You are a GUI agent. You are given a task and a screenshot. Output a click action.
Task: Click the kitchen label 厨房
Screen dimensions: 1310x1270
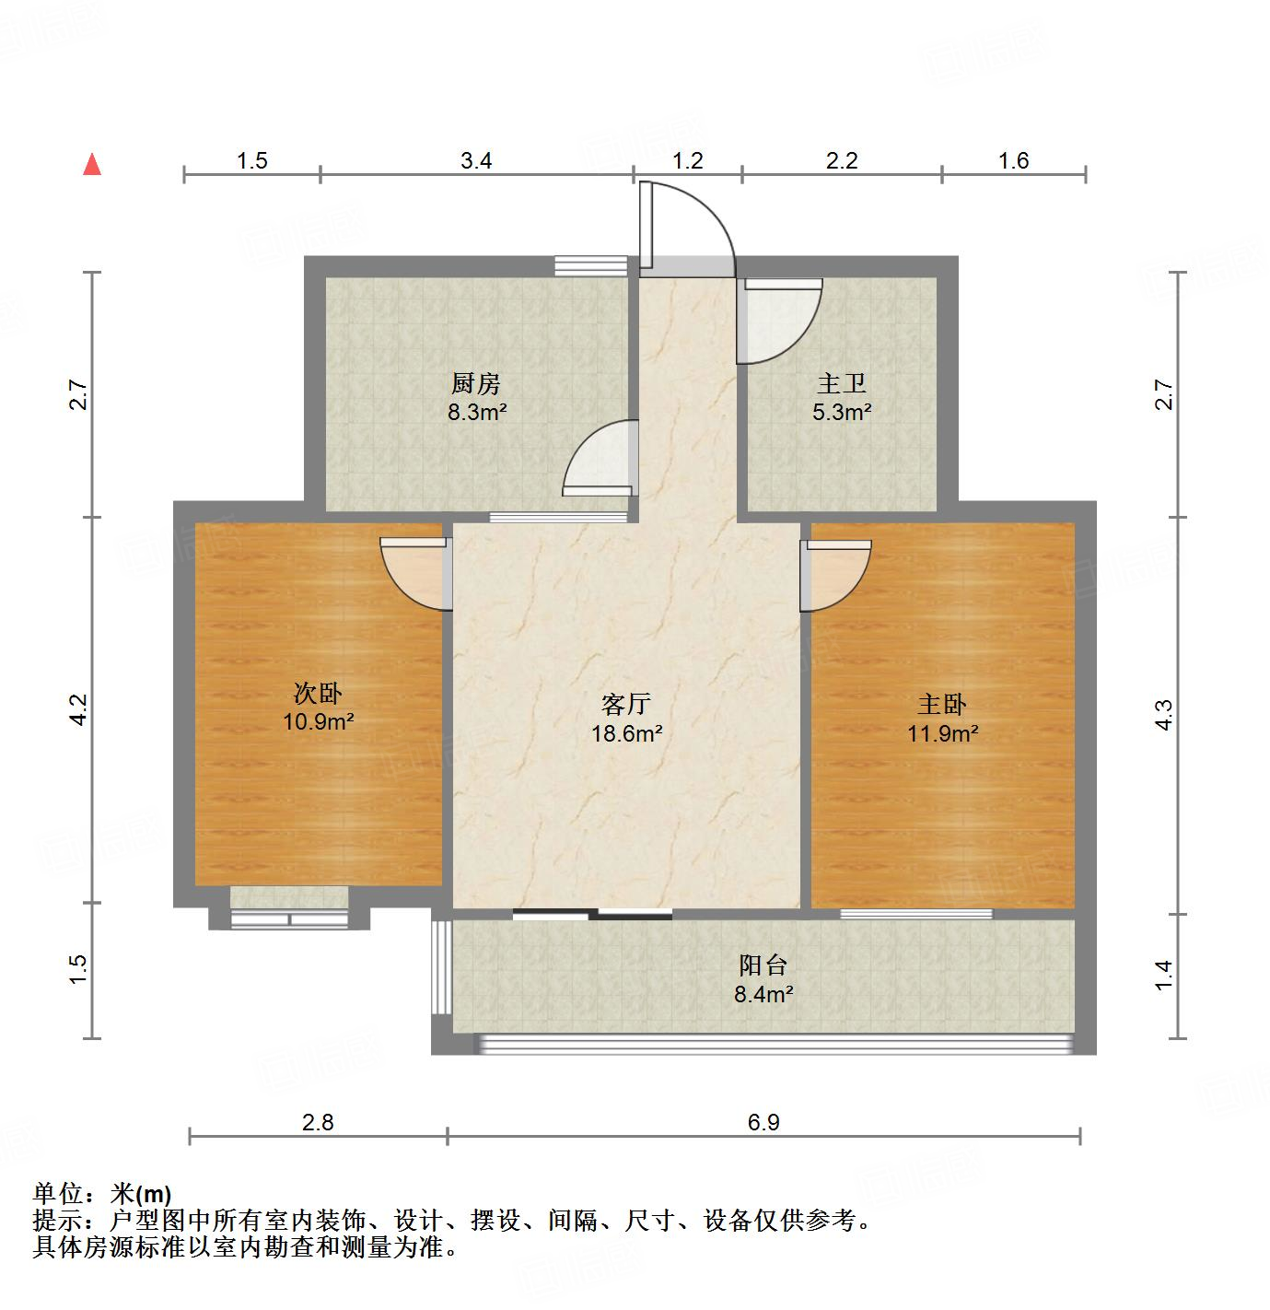pos(476,383)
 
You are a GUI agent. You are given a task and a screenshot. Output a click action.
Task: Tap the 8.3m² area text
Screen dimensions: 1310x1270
pos(477,412)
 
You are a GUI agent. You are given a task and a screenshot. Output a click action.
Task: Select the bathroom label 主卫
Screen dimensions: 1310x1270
pos(841,383)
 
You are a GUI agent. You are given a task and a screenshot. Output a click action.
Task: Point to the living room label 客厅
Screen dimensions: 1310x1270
pos(625,705)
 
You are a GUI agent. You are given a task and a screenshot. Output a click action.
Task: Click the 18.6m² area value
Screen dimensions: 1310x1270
pos(626,734)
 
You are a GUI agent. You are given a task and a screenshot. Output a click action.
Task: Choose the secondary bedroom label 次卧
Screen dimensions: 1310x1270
pos(318,692)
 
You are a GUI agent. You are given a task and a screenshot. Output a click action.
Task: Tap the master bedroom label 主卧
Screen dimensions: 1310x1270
pos(941,705)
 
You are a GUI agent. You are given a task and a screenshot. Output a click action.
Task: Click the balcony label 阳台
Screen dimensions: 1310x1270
pos(763,965)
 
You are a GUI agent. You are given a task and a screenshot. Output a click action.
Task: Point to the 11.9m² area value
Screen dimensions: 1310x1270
pos(942,734)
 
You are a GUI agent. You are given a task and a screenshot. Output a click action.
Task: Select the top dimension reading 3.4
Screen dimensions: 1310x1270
pos(476,161)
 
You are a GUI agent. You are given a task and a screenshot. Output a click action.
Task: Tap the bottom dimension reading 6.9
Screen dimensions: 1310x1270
pos(763,1122)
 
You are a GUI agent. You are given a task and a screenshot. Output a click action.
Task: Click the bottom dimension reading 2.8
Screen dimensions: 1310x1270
pos(318,1122)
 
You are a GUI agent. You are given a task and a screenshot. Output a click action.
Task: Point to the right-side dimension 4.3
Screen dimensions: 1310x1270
pos(1165,716)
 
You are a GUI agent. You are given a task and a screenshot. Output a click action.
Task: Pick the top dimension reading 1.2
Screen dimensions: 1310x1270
pos(688,161)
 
